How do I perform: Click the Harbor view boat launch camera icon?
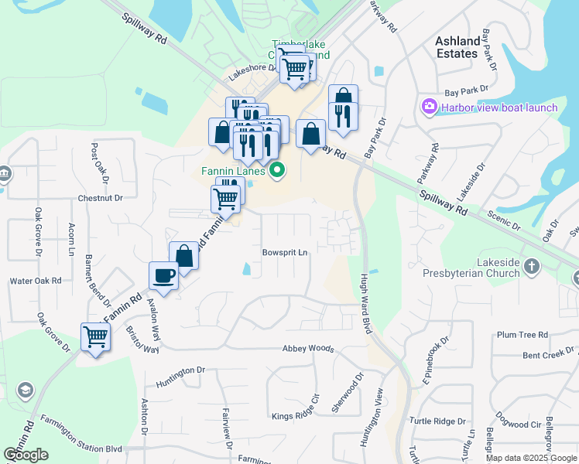pyautogui.click(x=428, y=107)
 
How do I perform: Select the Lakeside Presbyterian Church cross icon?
pyautogui.click(x=531, y=267)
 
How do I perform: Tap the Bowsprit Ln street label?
pyautogui.click(x=285, y=252)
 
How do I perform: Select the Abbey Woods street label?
pyautogui.click(x=307, y=349)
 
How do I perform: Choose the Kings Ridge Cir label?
pyautogui.click(x=295, y=416)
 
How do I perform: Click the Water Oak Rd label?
pyautogui.click(x=35, y=281)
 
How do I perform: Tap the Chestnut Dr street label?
pyautogui.click(x=100, y=198)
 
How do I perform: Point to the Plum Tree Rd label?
pyautogui.click(x=522, y=335)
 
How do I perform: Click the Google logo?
pyautogui.click(x=26, y=455)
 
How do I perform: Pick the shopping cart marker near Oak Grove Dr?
pyautogui.click(x=95, y=337)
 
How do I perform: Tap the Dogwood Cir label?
pyautogui.click(x=519, y=425)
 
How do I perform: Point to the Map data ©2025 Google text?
pyautogui.click(x=531, y=458)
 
